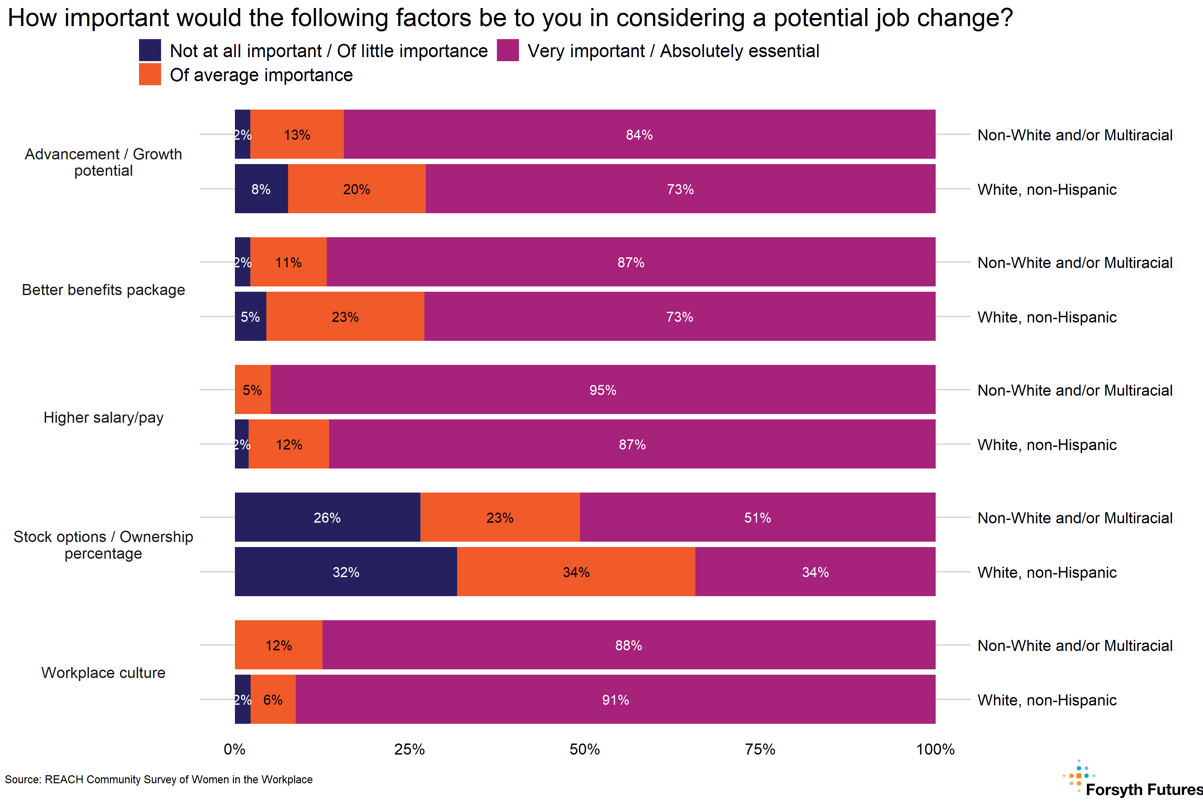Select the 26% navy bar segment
coord(327,517)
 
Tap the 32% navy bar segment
coord(346,572)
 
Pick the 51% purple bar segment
coord(758,517)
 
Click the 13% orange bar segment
coord(297,135)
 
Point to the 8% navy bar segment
coord(261,189)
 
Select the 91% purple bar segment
coord(615,699)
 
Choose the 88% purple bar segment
coord(629,645)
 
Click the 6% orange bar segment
coord(273,699)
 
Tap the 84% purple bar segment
coord(639,135)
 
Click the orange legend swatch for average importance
coord(150,75)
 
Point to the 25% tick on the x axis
coord(410,749)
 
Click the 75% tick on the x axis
coord(760,749)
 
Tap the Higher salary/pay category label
coord(103,417)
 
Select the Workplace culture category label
coord(103,673)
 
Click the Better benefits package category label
coord(103,289)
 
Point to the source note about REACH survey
coord(158,780)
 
